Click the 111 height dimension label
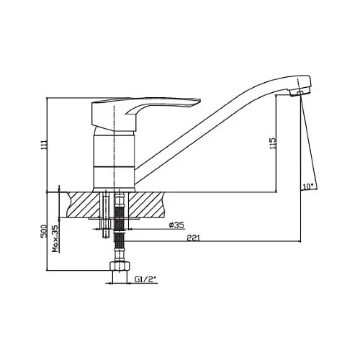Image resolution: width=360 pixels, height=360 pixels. tap(44, 145)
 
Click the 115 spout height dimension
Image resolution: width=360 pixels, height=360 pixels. tap(273, 143)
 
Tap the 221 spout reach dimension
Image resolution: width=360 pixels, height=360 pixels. tap(193, 238)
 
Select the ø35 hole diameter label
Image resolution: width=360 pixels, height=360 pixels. tap(176, 225)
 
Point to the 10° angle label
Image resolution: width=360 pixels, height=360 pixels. tap(308, 186)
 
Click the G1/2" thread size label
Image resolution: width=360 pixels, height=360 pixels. tap(145, 279)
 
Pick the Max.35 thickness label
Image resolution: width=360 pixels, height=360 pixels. tap(55, 238)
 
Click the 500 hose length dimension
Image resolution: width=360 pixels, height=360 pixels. tap(44, 231)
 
